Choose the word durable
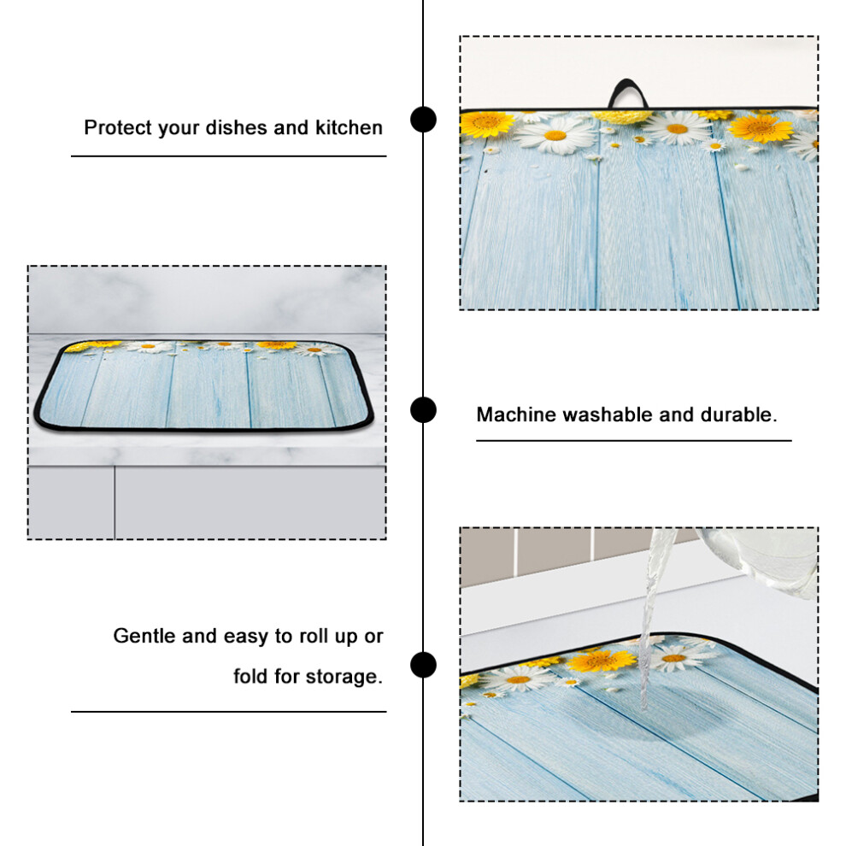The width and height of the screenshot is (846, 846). pos(738,414)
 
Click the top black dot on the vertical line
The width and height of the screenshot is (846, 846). pos(423,120)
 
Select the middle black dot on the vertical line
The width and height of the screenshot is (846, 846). pos(423,410)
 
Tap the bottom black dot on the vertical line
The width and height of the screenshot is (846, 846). pos(423,664)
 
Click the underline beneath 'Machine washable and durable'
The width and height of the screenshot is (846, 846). pos(633,441)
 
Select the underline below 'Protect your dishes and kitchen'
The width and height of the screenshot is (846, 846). pos(229,156)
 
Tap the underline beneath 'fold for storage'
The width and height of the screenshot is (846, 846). pos(229,712)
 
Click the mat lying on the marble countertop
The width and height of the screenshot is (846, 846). pos(204,385)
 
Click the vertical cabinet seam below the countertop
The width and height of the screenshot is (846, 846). pos(115,502)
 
